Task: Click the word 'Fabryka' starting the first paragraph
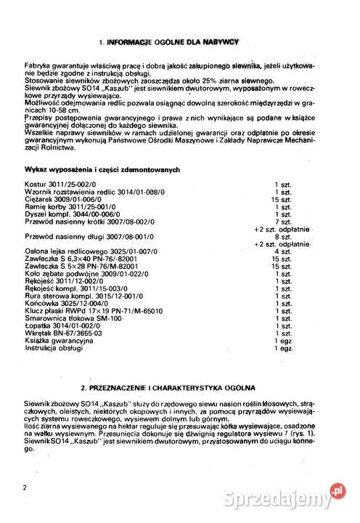tap(36, 66)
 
